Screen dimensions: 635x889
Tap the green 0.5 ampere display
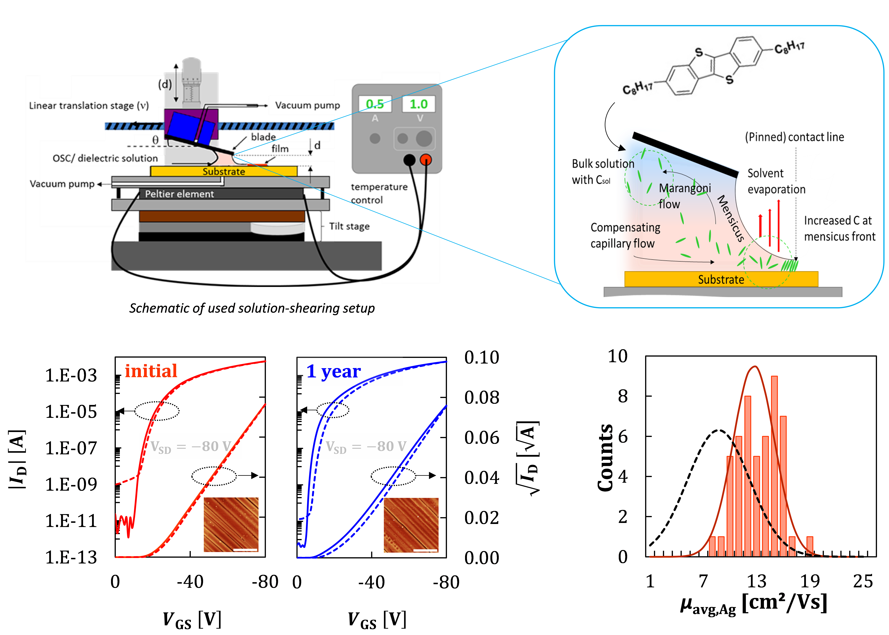tap(375, 104)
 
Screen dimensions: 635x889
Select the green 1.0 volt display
tap(419, 104)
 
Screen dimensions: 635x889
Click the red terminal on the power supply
tap(426, 160)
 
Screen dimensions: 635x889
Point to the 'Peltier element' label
tap(179, 194)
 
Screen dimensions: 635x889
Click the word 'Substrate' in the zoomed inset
tap(721, 280)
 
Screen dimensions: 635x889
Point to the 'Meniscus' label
tap(730, 218)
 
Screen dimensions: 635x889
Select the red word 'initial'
tap(151, 371)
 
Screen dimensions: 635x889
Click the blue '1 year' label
tap(333, 371)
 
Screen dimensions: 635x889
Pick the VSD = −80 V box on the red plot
tap(191, 446)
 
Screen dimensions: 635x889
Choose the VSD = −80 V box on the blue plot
tap(366, 446)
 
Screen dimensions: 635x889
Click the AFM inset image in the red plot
tap(231, 524)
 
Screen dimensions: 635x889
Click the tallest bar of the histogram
tap(774, 465)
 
